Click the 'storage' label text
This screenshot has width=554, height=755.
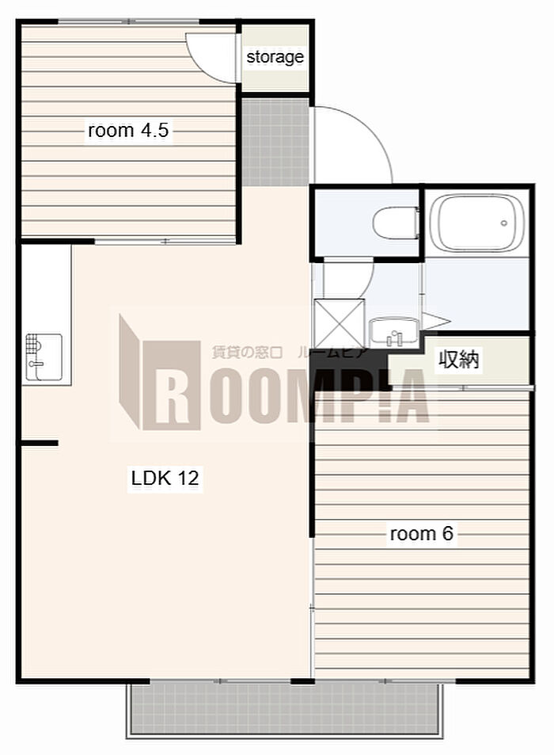point(275,57)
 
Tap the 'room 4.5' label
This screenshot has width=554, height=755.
point(128,130)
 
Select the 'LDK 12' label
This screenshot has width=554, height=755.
point(165,478)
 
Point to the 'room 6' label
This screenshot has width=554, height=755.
point(421,533)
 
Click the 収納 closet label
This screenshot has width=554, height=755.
point(459,359)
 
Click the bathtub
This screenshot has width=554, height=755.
point(476,223)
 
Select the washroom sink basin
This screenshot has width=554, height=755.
point(394,332)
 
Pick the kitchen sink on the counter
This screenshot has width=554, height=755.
point(44,357)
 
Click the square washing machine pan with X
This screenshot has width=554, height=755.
point(339,322)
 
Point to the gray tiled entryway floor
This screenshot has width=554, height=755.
point(275,142)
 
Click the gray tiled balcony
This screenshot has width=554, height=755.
point(285,707)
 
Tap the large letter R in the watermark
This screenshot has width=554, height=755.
point(171,385)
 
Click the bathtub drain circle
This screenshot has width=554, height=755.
point(504,223)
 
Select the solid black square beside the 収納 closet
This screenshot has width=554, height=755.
point(349,369)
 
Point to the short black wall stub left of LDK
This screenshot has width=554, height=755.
point(39,443)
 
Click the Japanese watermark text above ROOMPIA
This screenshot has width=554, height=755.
point(290,353)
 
